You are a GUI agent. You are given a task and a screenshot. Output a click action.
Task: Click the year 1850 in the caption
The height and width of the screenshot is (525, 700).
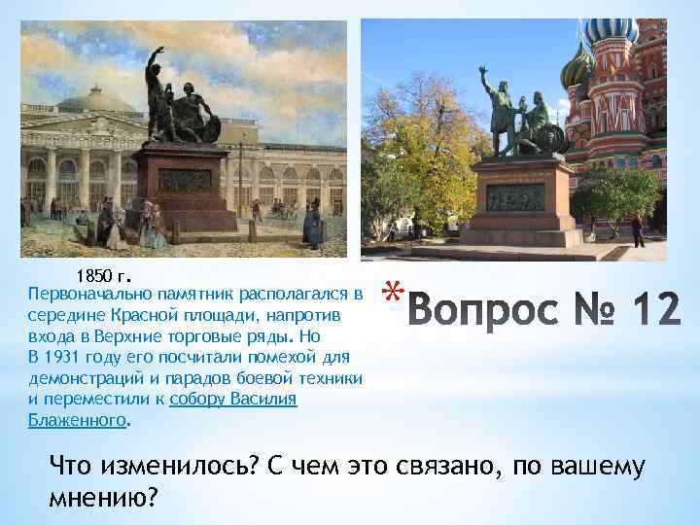pos(95,273)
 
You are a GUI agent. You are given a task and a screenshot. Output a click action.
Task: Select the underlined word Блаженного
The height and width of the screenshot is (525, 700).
pos(78,421)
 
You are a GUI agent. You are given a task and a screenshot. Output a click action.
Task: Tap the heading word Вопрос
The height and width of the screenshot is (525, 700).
pos(482,311)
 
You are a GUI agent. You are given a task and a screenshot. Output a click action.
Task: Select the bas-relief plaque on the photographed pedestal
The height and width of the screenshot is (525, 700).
pos(516,196)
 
